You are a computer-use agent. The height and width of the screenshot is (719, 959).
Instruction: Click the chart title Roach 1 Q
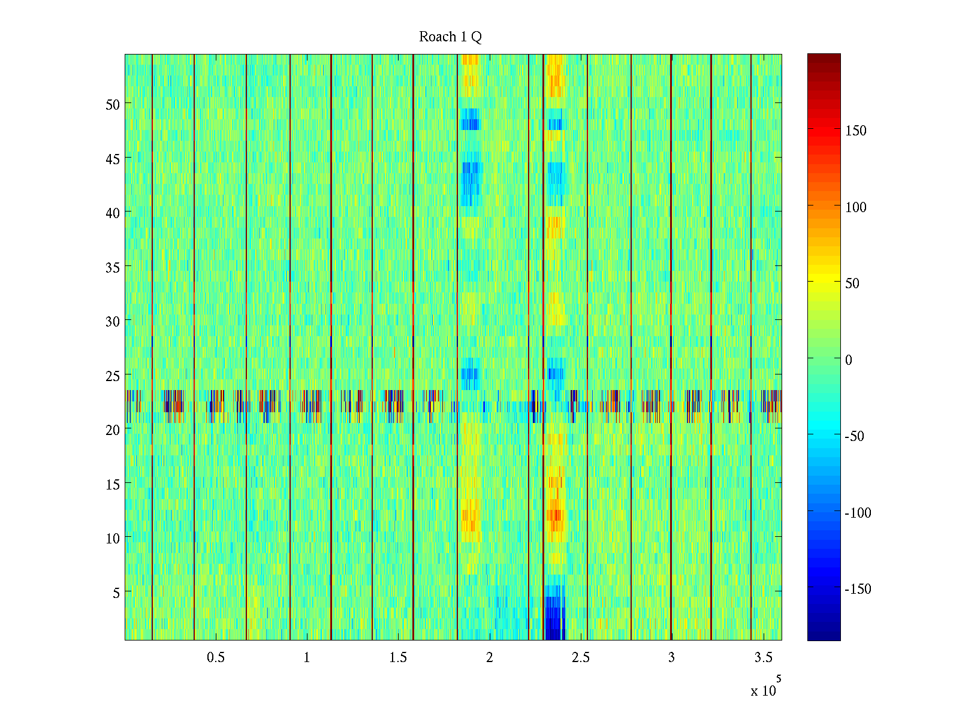(x=450, y=37)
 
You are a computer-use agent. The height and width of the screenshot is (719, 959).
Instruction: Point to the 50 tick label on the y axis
(x=113, y=104)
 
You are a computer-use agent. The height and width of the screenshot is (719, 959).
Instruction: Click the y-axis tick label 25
(x=113, y=376)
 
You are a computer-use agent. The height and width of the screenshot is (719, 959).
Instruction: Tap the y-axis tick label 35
(x=113, y=267)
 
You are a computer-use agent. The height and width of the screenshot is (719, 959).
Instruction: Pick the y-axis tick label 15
(x=113, y=484)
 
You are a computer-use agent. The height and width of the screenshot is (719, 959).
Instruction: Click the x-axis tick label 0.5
(x=216, y=657)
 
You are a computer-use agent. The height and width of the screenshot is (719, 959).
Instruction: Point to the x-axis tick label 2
(x=489, y=657)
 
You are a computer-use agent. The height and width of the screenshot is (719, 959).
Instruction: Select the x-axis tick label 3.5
(x=763, y=657)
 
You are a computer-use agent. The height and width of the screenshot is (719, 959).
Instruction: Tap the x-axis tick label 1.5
(x=398, y=657)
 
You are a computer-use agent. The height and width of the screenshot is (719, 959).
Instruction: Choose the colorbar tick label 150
(x=855, y=131)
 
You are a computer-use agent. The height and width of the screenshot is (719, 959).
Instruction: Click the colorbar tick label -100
(x=858, y=513)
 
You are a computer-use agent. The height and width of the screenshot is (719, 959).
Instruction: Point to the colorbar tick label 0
(x=848, y=360)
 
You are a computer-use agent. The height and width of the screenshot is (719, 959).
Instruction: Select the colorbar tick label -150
(x=858, y=590)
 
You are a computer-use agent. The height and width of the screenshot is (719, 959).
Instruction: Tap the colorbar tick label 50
(x=852, y=283)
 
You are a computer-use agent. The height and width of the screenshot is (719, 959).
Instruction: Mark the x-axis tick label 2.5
(x=580, y=657)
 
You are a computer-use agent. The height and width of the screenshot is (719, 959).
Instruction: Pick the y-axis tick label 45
(x=113, y=159)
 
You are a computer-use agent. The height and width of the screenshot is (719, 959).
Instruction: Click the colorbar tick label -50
(x=855, y=436)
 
